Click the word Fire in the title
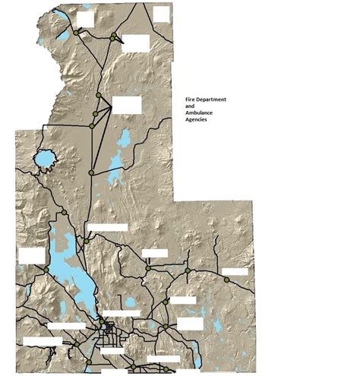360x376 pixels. (x=191, y=100)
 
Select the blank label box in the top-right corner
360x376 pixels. (x=162, y=13)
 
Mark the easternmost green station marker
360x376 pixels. (x=226, y=280)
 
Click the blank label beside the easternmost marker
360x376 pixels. (x=235, y=271)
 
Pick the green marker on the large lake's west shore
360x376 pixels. (x=46, y=270)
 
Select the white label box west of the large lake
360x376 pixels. (x=32, y=255)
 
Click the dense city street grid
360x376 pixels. (x=110, y=332)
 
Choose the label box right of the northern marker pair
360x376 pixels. (x=135, y=43)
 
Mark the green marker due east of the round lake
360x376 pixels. (x=90, y=173)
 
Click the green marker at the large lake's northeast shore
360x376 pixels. (x=87, y=242)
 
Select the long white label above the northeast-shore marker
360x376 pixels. (x=108, y=227)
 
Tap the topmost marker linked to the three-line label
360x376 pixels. (x=98, y=95)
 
